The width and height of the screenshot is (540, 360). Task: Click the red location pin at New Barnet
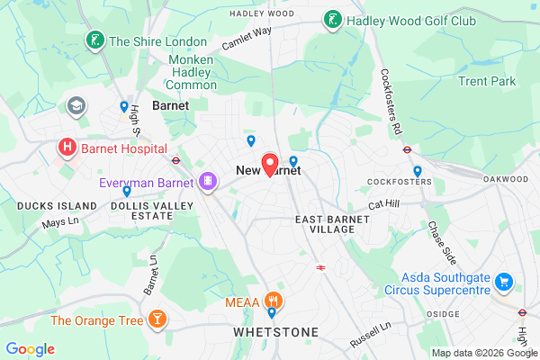pyautogui.click(x=269, y=165)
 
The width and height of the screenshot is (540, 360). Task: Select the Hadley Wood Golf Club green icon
pyautogui.click(x=332, y=19)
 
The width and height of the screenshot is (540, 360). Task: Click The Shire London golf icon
pyautogui.click(x=92, y=40)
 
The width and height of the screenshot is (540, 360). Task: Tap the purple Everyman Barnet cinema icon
pyautogui.click(x=208, y=183)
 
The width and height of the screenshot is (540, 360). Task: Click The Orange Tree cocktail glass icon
pyautogui.click(x=158, y=319)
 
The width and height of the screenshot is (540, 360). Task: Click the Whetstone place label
pyautogui.click(x=275, y=332)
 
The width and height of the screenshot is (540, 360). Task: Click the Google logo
pyautogui.click(x=30, y=349)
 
